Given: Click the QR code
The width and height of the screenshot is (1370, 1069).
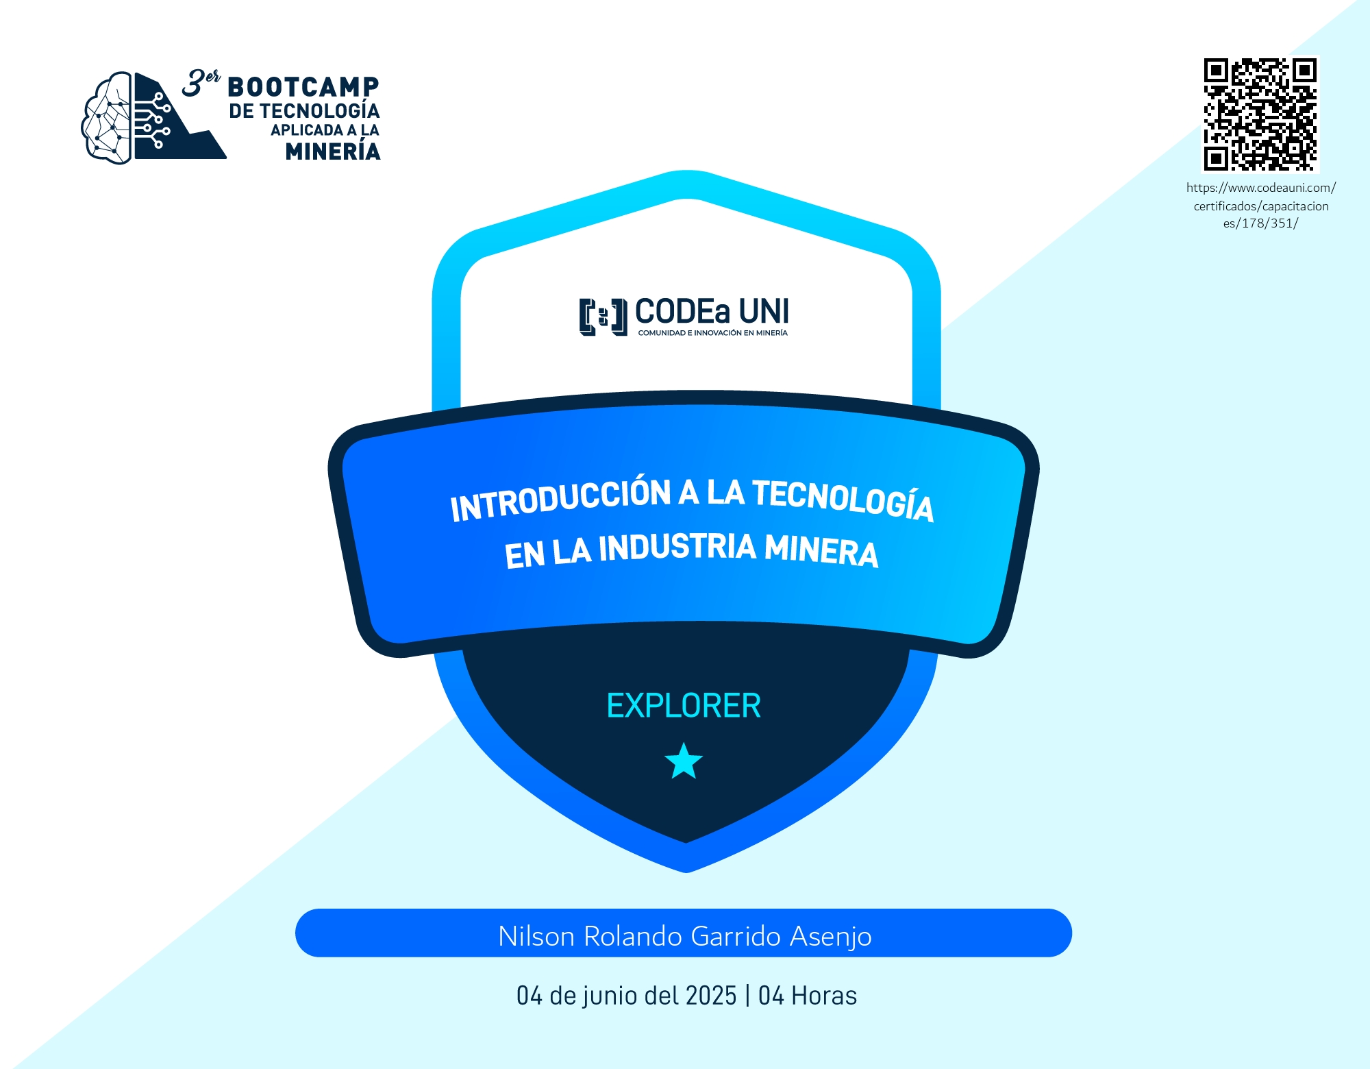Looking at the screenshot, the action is [1260, 114].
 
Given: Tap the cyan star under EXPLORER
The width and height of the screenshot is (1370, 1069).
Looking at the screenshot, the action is [684, 761].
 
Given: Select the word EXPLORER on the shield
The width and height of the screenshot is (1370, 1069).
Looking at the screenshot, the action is [684, 706].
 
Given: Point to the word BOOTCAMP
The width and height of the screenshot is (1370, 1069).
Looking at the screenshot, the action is [303, 87].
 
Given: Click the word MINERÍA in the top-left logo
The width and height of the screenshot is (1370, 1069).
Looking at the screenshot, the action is [333, 150].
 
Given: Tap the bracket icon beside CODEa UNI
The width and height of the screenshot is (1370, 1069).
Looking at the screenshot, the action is [603, 317].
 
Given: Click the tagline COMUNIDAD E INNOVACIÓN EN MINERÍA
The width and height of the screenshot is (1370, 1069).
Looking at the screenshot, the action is [712, 333].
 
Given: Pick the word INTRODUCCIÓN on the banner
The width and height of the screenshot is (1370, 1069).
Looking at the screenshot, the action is [560, 500].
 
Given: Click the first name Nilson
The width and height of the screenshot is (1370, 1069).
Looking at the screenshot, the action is [536, 936].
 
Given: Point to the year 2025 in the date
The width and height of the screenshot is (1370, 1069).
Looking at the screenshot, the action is [711, 996].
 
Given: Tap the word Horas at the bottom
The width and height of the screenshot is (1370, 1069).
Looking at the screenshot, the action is [824, 996].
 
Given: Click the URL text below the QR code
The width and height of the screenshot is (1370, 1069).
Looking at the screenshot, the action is [1260, 206].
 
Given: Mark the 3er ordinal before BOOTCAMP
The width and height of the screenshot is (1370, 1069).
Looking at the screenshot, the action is [201, 83].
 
